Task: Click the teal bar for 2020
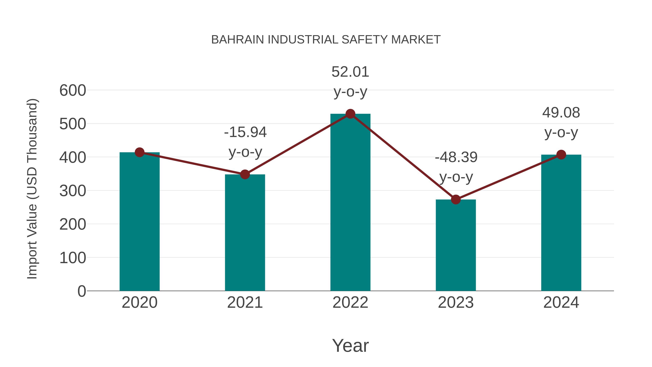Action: point(139,223)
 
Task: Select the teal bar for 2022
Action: point(350,203)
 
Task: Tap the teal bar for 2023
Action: point(456,246)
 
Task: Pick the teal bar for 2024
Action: point(561,223)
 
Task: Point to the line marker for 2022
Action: point(350,114)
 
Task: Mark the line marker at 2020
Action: point(139,152)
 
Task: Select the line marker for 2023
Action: point(456,200)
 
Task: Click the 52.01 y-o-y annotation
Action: point(350,82)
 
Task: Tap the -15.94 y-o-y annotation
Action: point(245,142)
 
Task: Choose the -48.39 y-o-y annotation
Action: point(456,167)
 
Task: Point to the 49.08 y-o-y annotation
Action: point(561,122)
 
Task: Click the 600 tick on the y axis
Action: point(73,90)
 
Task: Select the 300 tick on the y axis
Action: point(73,191)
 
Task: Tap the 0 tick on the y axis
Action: point(81,291)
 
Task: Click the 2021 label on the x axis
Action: point(245,302)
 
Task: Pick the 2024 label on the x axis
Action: point(561,302)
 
